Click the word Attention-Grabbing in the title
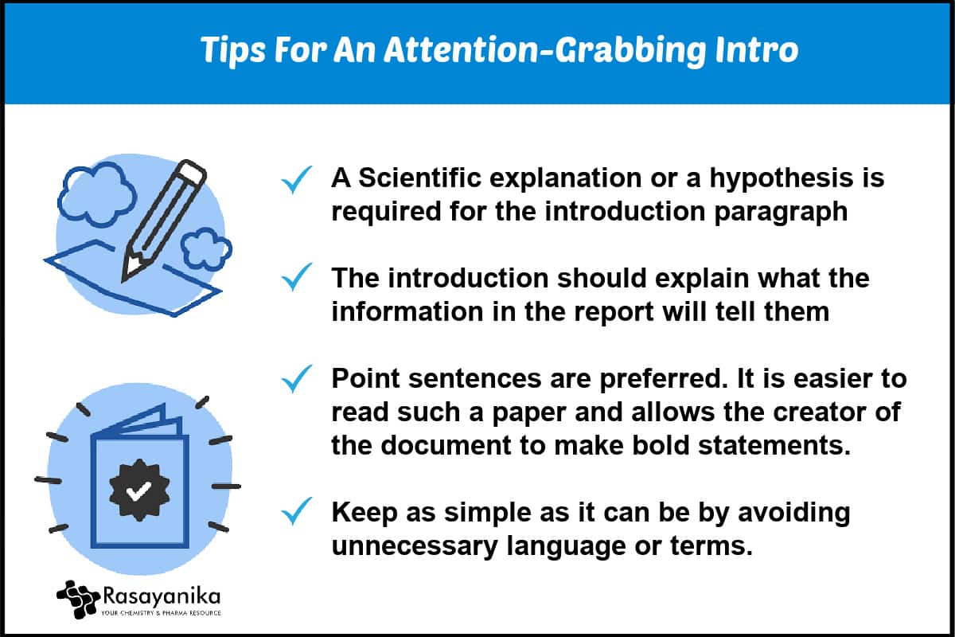[545, 51]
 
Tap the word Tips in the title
[233, 51]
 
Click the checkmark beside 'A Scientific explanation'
[297, 180]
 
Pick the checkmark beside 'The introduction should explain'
[297, 277]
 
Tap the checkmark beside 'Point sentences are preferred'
[297, 378]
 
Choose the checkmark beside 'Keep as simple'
[297, 510]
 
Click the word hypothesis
[781, 180]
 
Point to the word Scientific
[419, 178]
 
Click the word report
[614, 313]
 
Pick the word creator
[821, 412]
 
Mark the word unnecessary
[415, 547]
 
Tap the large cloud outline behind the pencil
[96, 194]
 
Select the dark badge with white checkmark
[139, 490]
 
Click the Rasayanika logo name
[162, 596]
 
